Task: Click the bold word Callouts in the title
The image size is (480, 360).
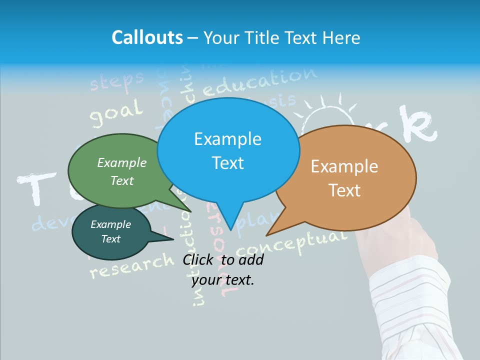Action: pos(147,37)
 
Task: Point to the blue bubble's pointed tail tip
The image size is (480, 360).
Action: pos(230,229)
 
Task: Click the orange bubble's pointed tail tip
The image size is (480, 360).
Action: pos(266,235)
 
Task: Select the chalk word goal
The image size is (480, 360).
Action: pos(116,113)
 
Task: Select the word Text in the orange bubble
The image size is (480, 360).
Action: pos(345,190)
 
